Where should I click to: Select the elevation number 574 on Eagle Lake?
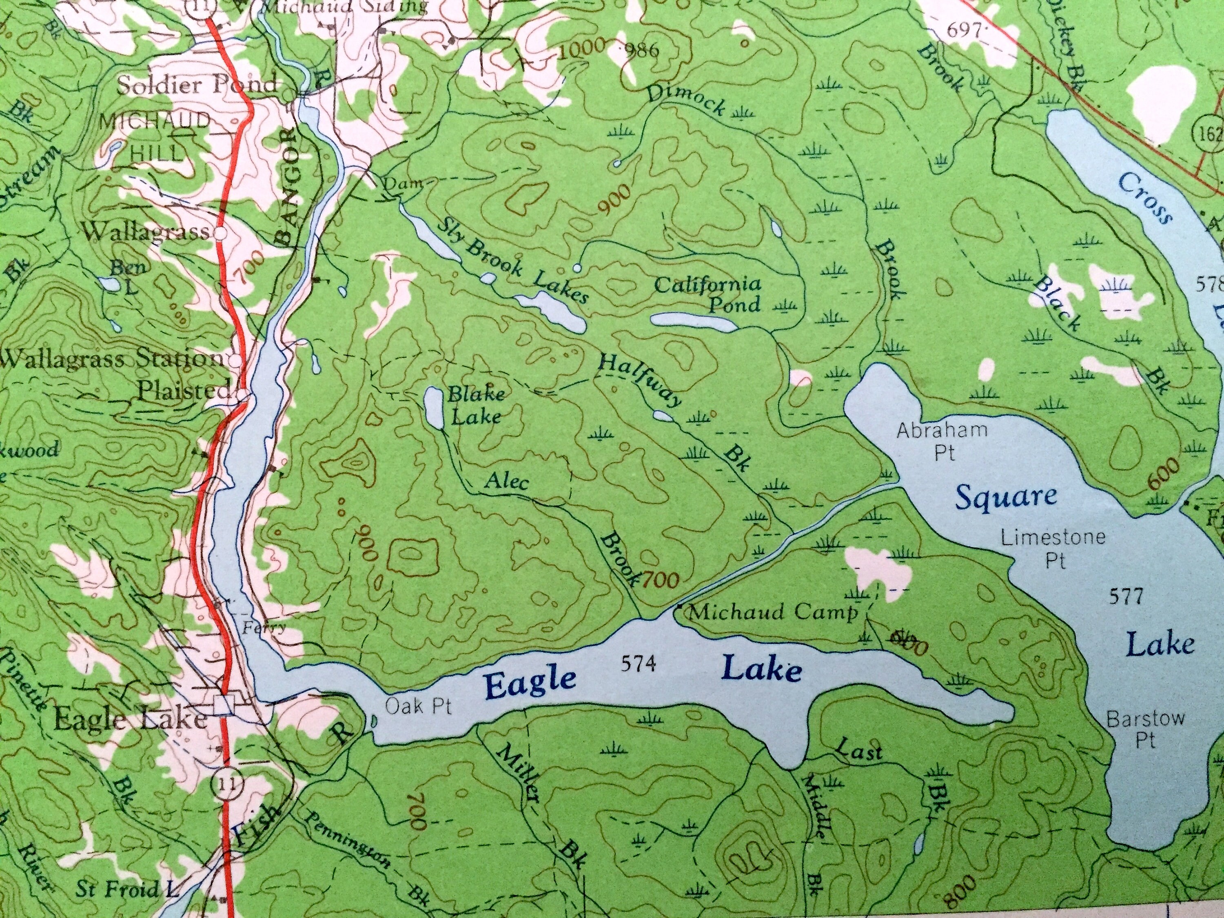click(638, 663)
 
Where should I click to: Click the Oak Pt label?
click(418, 706)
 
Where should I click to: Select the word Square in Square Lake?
click(1006, 497)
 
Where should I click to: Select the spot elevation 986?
click(641, 51)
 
